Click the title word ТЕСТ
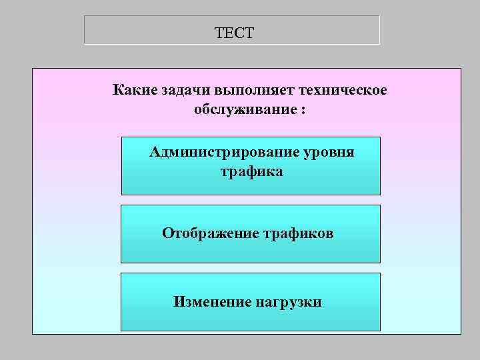click(235, 32)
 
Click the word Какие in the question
click(135, 89)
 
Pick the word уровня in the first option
click(330, 153)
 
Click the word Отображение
click(208, 233)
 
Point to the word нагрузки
click(288, 302)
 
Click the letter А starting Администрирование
click(155, 152)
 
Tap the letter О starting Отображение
click(167, 233)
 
